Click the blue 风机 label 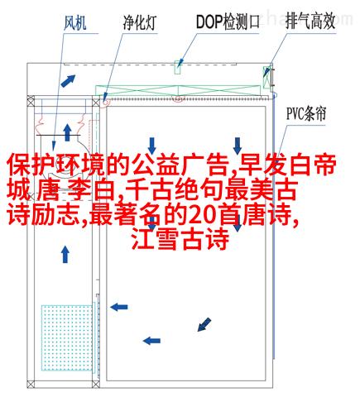(x=74, y=23)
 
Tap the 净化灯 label (x=140, y=23)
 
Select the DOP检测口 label (x=228, y=22)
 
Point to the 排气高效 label (x=310, y=22)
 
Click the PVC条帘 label (x=306, y=113)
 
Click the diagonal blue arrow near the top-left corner (x=68, y=81)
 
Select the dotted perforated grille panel (x=67, y=337)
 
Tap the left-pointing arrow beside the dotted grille (x=119, y=307)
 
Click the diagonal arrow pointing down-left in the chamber (x=204, y=324)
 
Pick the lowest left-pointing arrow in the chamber (x=151, y=341)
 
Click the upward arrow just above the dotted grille (x=65, y=254)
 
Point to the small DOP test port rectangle (x=178, y=67)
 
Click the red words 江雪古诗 (x=180, y=240)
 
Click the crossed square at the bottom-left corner (x=31, y=384)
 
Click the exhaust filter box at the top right (x=266, y=77)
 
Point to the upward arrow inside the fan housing (x=67, y=132)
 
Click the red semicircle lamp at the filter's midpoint (x=178, y=100)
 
